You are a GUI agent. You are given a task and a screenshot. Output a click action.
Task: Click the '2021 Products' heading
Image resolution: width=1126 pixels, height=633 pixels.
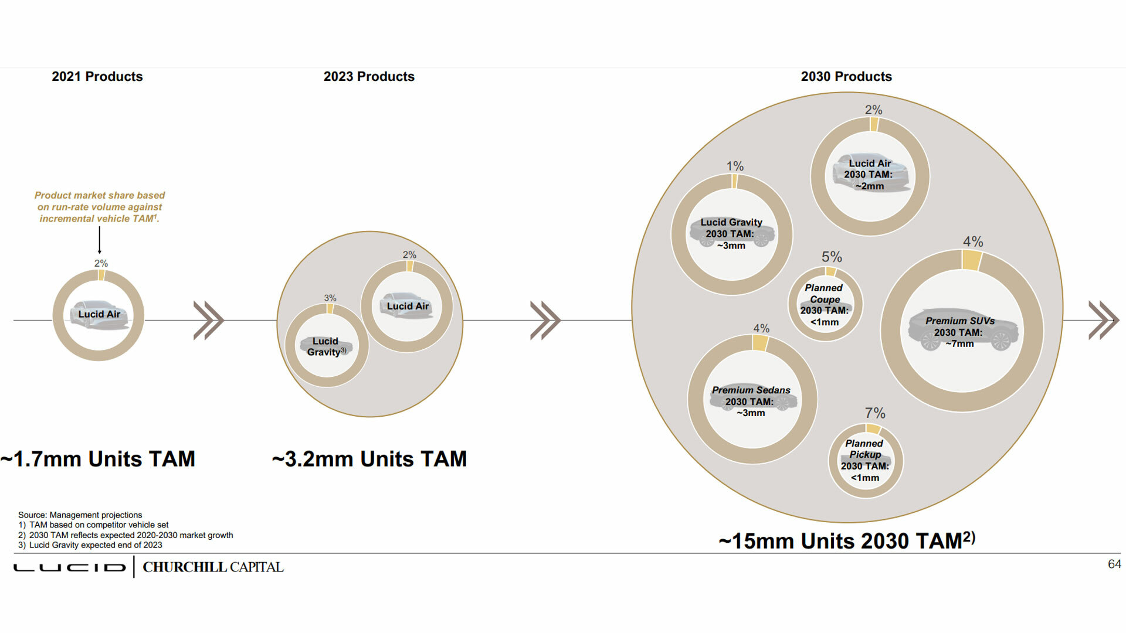[x=97, y=77]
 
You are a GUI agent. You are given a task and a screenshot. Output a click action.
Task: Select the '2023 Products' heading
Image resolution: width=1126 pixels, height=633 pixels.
[x=369, y=77]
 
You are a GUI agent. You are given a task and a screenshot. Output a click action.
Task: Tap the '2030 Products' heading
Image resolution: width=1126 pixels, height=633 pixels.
[x=846, y=77]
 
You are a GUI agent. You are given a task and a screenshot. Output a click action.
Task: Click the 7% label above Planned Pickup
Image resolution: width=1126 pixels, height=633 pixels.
[x=875, y=413]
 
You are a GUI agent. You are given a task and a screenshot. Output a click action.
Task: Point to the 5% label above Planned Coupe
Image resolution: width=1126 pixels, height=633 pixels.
[x=832, y=257]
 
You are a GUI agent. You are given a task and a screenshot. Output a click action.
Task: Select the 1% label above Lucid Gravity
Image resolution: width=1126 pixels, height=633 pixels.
[x=735, y=166]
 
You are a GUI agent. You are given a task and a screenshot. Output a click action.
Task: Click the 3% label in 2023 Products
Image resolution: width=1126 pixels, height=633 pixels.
[x=330, y=298]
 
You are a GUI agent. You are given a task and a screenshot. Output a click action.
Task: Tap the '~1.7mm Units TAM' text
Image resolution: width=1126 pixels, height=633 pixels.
[x=98, y=459]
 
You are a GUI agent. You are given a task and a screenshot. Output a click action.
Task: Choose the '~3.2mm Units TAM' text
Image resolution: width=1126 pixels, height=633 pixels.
[x=369, y=459]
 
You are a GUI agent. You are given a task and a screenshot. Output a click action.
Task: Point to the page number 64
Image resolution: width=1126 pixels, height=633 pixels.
[x=1114, y=564]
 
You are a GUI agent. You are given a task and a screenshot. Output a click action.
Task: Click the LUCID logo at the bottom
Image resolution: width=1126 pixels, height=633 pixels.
[x=70, y=567]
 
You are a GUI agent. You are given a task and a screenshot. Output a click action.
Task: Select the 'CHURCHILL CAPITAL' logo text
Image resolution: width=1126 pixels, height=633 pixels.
[x=213, y=567]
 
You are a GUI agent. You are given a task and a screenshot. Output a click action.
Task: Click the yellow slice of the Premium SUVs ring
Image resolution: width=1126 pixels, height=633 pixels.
[x=971, y=260]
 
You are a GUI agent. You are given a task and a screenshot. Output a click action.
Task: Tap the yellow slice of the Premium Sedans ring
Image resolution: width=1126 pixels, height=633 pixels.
[x=760, y=343]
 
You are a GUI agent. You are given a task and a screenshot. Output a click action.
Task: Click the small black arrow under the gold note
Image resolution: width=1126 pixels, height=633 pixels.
[x=100, y=240]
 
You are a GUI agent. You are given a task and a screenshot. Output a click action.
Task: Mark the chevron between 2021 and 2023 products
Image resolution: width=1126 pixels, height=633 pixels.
[x=208, y=321]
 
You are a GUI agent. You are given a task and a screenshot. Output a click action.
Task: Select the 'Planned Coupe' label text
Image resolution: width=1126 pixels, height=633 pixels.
[x=824, y=294]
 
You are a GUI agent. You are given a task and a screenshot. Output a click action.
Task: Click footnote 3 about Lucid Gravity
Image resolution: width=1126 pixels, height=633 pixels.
[x=90, y=545]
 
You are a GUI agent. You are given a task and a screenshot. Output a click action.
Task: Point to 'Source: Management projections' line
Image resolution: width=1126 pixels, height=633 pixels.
[x=80, y=515]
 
